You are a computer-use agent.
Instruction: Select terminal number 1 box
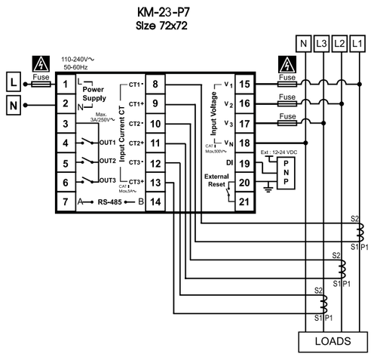[66, 84]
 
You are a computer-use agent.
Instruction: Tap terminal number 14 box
[155, 202]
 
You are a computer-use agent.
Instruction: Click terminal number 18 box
[244, 143]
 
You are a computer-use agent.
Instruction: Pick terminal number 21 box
[244, 202]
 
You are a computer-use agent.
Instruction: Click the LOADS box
[332, 340]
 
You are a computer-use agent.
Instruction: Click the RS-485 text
[112, 202]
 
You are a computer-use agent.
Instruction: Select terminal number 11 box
[155, 143]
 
